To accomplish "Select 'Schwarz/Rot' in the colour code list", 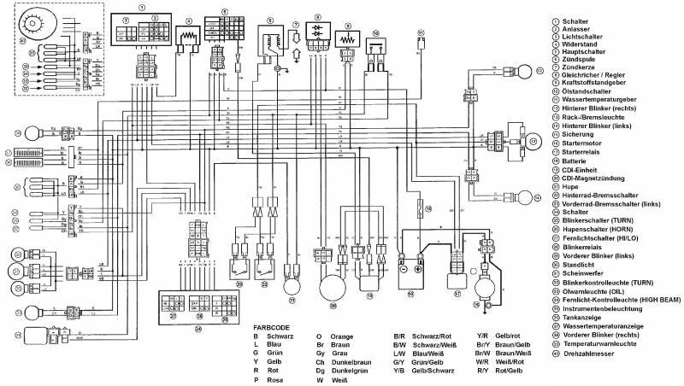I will coord(433,336).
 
